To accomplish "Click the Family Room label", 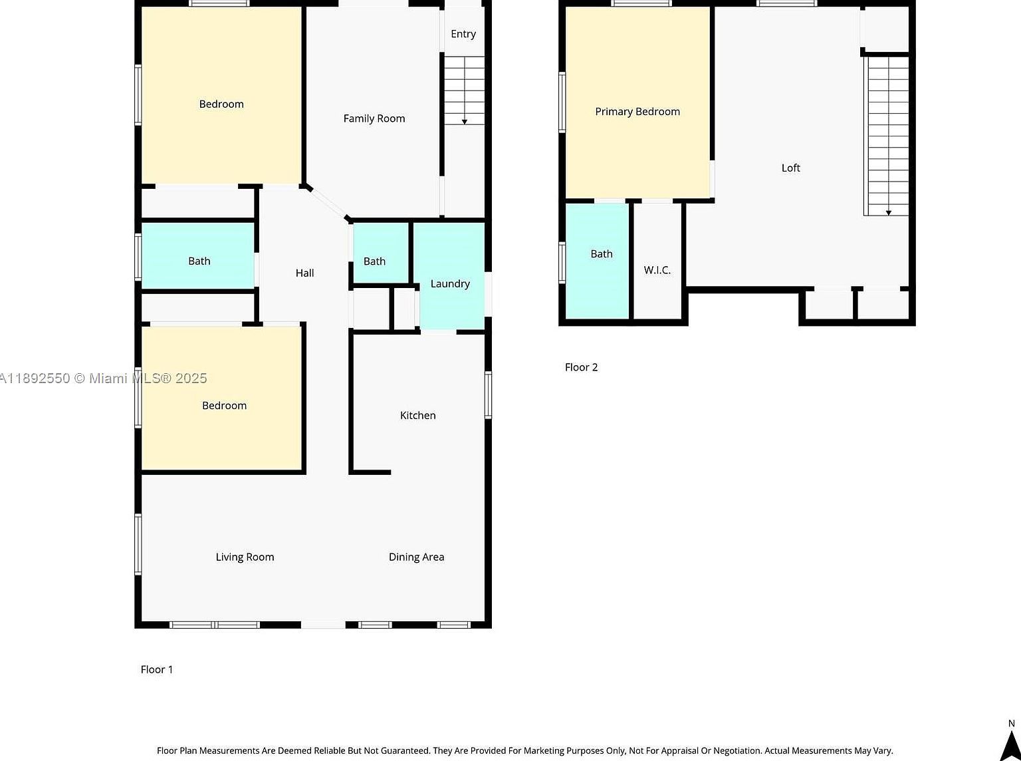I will (x=374, y=118).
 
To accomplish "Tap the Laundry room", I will (x=449, y=283).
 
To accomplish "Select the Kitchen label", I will (x=417, y=415).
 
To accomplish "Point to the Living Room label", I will (x=245, y=557).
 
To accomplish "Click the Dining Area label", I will (x=416, y=557).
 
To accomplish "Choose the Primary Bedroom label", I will (x=637, y=112).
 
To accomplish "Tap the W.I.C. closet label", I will (x=657, y=270).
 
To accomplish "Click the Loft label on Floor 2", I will (x=790, y=168).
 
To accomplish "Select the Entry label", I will (x=463, y=34).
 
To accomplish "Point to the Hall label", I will (x=304, y=273).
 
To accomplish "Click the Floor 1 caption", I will (x=157, y=669).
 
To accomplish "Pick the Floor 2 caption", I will (x=581, y=367).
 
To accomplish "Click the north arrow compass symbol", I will (x=1010, y=744).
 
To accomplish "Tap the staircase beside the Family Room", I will (x=464, y=90).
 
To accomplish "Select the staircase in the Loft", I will (x=888, y=136).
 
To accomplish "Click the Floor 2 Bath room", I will (x=601, y=254).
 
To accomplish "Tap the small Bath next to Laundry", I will (x=374, y=261).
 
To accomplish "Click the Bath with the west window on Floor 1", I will (x=199, y=261).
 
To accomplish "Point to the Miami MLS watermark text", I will (x=104, y=379).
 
